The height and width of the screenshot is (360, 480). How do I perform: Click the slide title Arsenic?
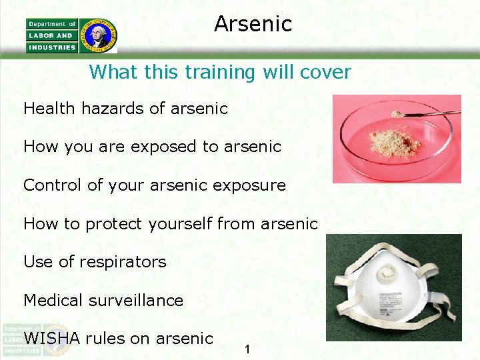253,24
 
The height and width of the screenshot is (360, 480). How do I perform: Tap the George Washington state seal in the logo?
98,35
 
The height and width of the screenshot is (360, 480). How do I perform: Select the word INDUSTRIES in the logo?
52,47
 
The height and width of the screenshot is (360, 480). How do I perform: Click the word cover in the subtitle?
327,72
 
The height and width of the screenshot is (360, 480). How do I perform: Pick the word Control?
53,185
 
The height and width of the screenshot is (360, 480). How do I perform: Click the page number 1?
247,349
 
